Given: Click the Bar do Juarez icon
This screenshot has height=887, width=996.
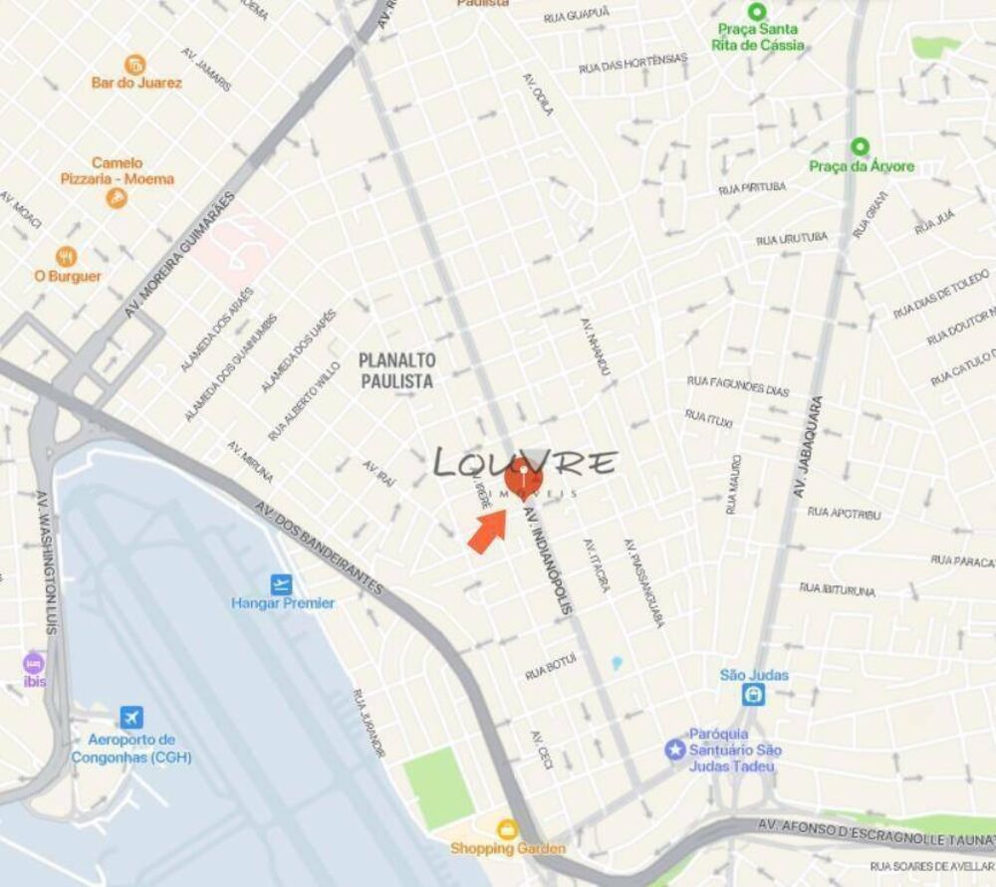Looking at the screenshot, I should pos(134,65).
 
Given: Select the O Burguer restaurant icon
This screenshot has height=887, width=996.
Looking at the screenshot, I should pos(67,257).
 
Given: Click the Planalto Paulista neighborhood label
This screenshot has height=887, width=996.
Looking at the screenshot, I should pos(397,368).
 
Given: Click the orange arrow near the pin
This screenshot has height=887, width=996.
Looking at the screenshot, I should pos(487,530).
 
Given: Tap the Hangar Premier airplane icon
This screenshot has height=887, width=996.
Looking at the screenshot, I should pos(282,584).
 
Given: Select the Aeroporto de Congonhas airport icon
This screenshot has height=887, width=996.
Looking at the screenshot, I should pos(130,717).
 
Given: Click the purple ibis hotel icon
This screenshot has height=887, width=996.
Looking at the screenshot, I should pos(35,663).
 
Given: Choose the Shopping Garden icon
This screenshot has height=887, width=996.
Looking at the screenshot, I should pos(508,829).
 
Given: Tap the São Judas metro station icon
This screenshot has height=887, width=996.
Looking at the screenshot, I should pos(754,694).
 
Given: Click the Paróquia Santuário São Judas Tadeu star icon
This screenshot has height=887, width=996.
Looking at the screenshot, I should pos(676,748).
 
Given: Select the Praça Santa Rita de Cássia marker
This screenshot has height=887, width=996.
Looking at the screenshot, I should pos(757,12).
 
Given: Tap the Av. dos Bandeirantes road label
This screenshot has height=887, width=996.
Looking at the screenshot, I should pos(318,547).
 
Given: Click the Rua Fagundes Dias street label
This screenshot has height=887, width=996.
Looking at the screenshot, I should pos(738,385).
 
